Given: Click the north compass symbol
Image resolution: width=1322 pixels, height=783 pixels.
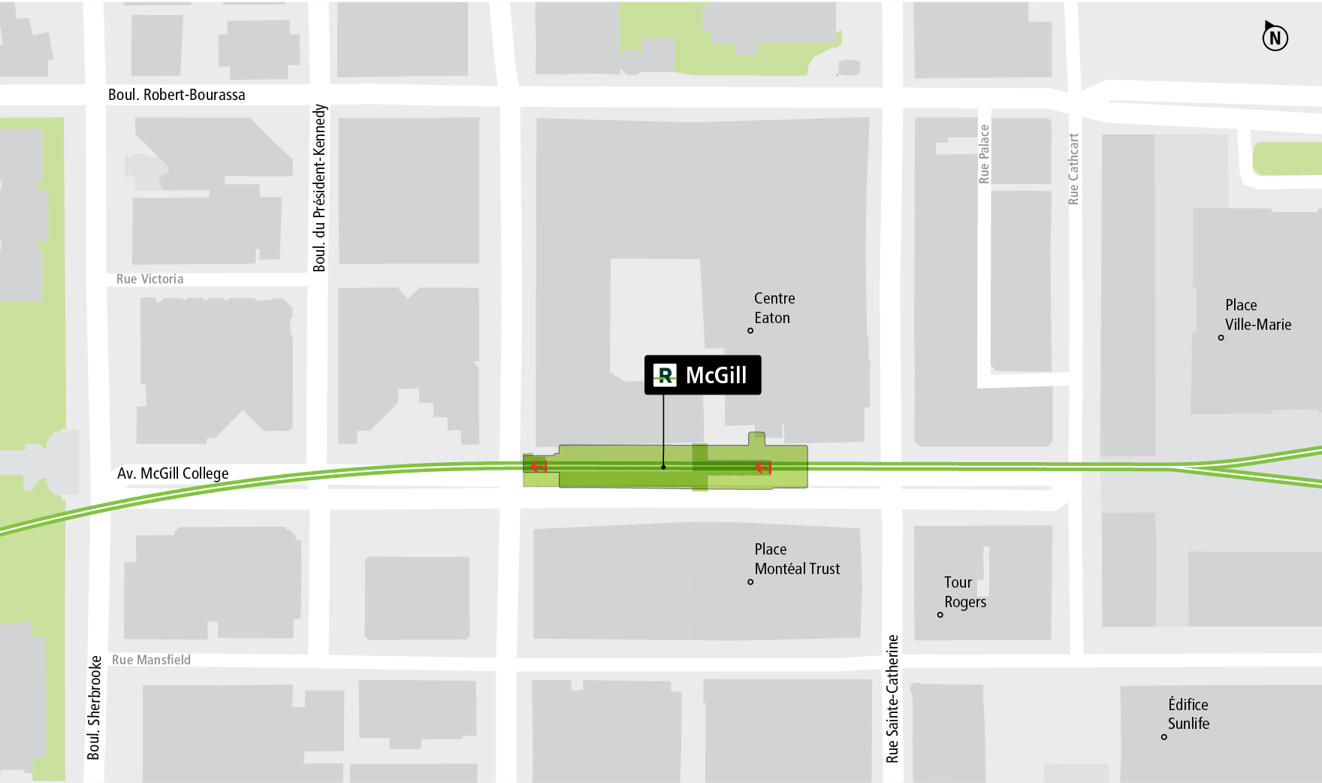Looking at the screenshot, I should (1275, 37).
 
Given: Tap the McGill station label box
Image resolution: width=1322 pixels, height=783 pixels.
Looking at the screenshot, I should (702, 375).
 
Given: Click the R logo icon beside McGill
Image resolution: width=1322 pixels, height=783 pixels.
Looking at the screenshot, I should (665, 375).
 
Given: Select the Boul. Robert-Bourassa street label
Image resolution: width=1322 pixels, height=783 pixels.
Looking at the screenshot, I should (177, 95).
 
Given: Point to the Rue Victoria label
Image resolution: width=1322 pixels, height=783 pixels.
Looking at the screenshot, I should (149, 279).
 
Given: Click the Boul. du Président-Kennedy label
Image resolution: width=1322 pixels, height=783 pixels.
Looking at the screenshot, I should (320, 188).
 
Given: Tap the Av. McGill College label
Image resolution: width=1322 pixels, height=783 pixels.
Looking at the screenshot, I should (173, 473).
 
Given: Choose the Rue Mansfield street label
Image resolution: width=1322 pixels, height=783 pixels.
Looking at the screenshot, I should (151, 660).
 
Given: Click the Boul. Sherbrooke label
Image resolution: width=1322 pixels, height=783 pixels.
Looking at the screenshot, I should (94, 707).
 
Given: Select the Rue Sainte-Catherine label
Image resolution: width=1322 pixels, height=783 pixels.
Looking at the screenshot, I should (892, 698).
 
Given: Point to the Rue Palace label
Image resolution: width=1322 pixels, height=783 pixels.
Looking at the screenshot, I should (984, 154).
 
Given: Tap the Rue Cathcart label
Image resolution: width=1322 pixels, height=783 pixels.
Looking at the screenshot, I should (1073, 169).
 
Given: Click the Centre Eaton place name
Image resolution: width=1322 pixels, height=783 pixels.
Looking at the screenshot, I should (774, 308).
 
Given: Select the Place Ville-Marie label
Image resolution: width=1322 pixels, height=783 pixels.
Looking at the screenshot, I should (1257, 315).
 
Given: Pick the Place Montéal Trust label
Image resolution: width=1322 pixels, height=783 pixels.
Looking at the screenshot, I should (796, 559).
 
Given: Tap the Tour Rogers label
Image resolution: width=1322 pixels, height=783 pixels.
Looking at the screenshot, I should (964, 592).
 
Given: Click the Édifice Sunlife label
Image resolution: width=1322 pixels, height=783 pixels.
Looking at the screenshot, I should (1188, 714).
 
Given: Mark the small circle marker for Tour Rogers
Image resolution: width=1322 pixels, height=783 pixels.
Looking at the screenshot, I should (940, 615).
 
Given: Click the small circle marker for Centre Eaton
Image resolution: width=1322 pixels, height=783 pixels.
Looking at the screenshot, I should (750, 331).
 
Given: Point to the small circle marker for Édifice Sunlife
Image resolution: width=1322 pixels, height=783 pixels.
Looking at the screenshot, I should (1164, 737).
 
